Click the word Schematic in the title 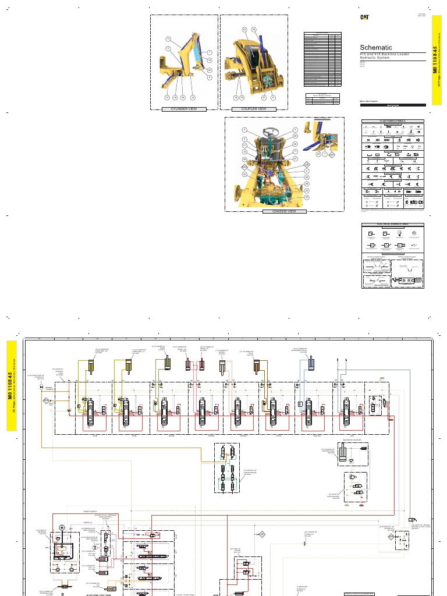pos(376,47)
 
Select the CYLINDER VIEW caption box pos(185,109)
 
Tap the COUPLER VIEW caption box pos(249,109)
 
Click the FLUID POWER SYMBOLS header pos(393,121)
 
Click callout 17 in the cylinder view pos(168,39)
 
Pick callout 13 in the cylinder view pos(166,98)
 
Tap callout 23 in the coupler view pos(245,29)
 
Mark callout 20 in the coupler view pos(254,29)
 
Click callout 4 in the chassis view pos(244,129)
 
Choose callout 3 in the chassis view pos(295,129)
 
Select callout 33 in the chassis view pos(307,197)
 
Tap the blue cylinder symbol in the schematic pos(312,363)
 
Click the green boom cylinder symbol pos(167,363)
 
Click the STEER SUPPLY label pos(91,512)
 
